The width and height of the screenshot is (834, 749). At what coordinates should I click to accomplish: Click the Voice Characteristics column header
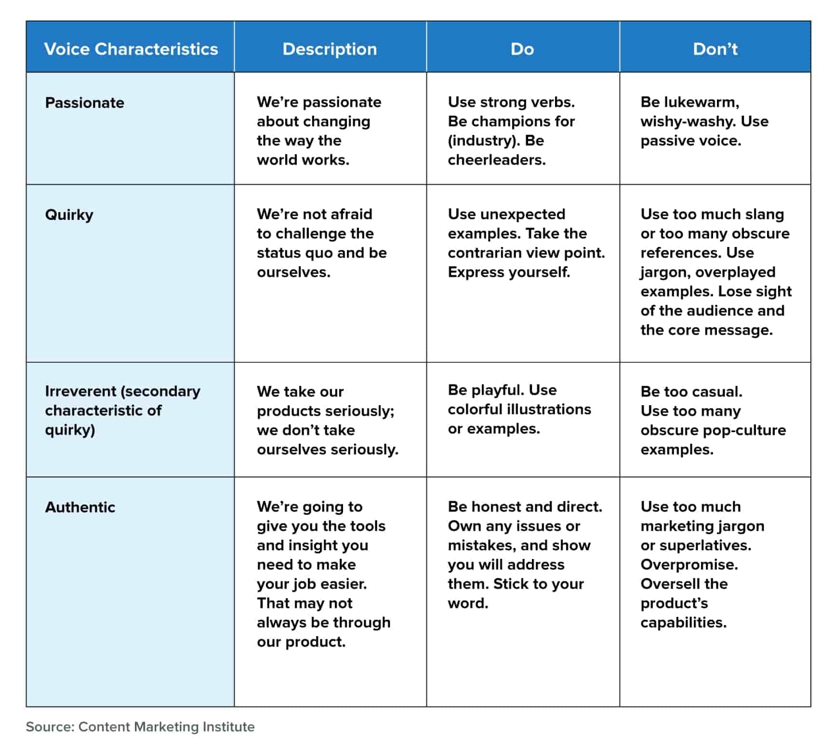pyautogui.click(x=131, y=49)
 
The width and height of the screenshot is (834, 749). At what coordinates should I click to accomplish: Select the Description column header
pyautogui.click(x=330, y=49)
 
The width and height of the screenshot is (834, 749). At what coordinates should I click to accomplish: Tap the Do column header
pyautogui.click(x=522, y=49)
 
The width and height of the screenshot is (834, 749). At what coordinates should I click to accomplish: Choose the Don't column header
pyautogui.click(x=715, y=49)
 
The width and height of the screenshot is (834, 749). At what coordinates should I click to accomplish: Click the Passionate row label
pyautogui.click(x=84, y=103)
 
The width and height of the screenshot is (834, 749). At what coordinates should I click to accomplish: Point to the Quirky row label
pyautogui.click(x=69, y=215)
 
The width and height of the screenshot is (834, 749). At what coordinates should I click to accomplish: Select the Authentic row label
pyautogui.click(x=80, y=507)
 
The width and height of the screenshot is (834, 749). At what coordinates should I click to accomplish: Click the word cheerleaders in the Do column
pyautogui.click(x=496, y=160)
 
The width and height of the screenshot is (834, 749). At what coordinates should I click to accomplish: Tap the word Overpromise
pyautogui.click(x=688, y=564)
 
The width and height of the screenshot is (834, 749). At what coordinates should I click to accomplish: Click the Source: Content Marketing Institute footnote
pyautogui.click(x=140, y=726)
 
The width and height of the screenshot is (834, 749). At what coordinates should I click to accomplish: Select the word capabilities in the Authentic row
pyautogui.click(x=683, y=622)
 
